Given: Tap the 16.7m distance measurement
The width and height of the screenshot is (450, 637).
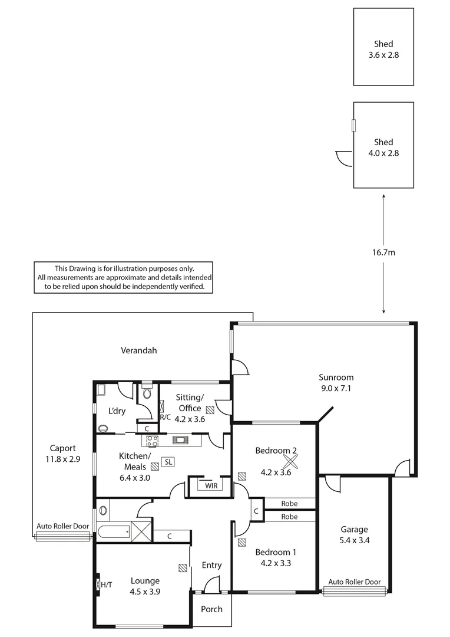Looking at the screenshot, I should tap(384, 253).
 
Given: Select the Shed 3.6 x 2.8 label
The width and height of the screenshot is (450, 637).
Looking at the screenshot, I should tap(383, 49).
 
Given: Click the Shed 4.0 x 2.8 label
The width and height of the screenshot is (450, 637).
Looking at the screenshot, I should tap(383, 147).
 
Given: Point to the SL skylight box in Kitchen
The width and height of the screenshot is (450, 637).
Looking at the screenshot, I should tap(168, 462).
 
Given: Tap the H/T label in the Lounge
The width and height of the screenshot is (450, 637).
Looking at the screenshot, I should tap(106, 585).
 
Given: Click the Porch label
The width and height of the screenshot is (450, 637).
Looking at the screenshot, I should tap(211, 609).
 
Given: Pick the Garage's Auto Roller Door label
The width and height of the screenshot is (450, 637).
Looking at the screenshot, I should tap(354, 582).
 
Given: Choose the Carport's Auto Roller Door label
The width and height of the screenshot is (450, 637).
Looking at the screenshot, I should tap(62, 526).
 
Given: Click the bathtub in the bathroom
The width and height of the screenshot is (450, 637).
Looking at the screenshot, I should tap(114, 531).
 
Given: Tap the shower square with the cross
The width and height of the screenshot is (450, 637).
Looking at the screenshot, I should tap(141, 531).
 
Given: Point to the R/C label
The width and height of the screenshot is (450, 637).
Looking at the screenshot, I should tap(165, 418).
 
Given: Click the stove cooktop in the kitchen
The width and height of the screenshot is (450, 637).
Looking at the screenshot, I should tap(153, 439).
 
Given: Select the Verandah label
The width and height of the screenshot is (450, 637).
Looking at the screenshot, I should tap(139, 350).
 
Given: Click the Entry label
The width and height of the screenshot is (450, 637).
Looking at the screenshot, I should tap(211, 565).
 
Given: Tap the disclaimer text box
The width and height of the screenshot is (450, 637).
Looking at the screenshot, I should tap(124, 277).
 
